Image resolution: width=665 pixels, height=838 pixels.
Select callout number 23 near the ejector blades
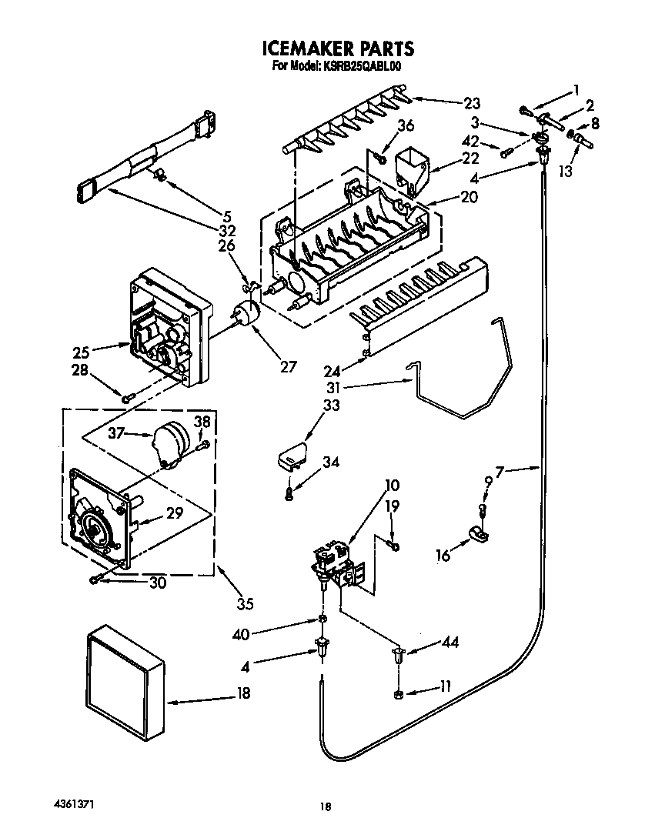pos(472,103)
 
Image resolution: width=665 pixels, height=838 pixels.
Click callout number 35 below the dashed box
pos(245,604)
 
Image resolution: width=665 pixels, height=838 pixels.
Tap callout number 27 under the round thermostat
pos(288,367)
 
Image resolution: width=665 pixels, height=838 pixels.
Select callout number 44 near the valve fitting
pos(449,643)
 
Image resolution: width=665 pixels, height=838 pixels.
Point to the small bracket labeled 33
pos(291,457)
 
